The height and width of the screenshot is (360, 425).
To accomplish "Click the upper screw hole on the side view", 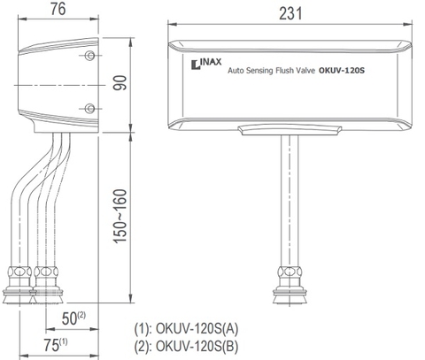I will click(x=89, y=57).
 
